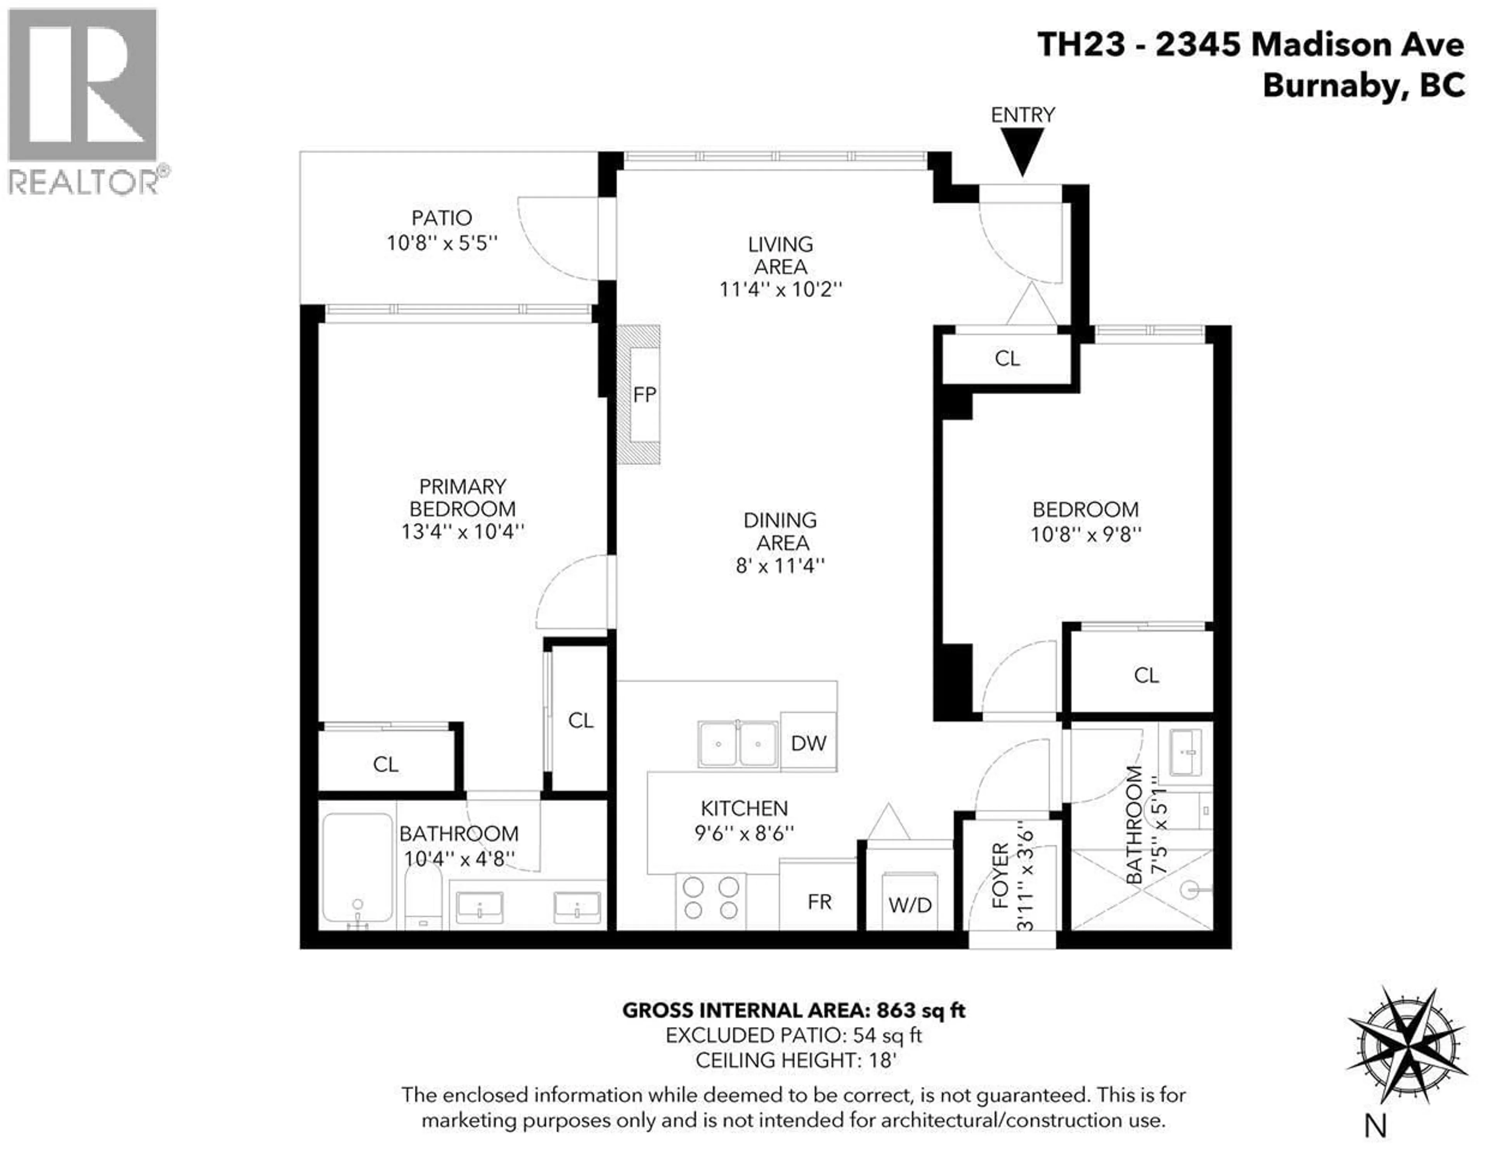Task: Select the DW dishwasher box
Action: (x=809, y=743)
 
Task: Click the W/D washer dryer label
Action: (x=910, y=905)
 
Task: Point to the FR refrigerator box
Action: (x=819, y=901)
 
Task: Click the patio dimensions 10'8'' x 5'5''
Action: (x=442, y=243)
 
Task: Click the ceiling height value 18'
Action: (x=882, y=1060)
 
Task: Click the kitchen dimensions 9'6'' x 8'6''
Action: (x=744, y=833)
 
